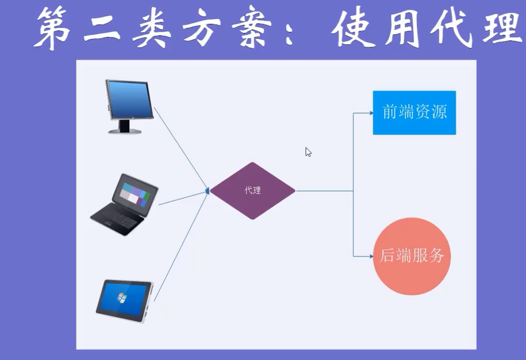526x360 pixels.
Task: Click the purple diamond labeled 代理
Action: tap(252, 190)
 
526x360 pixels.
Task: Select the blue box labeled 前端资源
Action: tap(414, 112)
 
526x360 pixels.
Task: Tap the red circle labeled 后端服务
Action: tap(412, 256)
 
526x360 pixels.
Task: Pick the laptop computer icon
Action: tap(125, 204)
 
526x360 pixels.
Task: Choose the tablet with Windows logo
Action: tap(124, 301)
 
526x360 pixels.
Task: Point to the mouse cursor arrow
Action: tap(308, 152)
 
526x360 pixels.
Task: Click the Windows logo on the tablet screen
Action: tap(121, 298)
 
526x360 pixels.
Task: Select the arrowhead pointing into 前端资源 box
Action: tap(371, 113)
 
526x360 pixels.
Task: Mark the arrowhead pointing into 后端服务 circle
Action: tap(371, 256)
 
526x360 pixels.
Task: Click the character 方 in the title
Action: tap(201, 28)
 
